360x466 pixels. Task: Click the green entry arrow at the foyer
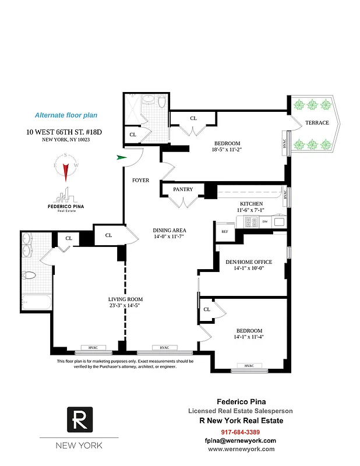coord(121,157)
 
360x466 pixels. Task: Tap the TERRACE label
coord(317,123)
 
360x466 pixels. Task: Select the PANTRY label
coord(183,189)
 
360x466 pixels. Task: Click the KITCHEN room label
coord(252,203)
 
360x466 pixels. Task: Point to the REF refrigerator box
coord(224,232)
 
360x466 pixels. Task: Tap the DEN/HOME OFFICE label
coord(249,262)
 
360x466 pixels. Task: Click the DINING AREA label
coord(170,231)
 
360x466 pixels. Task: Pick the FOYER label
coord(140,180)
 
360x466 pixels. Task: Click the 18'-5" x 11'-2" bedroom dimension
coord(227,150)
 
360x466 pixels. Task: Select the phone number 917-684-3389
coord(241,432)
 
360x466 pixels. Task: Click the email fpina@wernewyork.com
coord(241,440)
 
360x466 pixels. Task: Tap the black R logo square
coord(79,419)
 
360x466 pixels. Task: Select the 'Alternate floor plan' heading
coord(66,115)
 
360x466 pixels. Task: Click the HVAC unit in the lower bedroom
coord(249,366)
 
